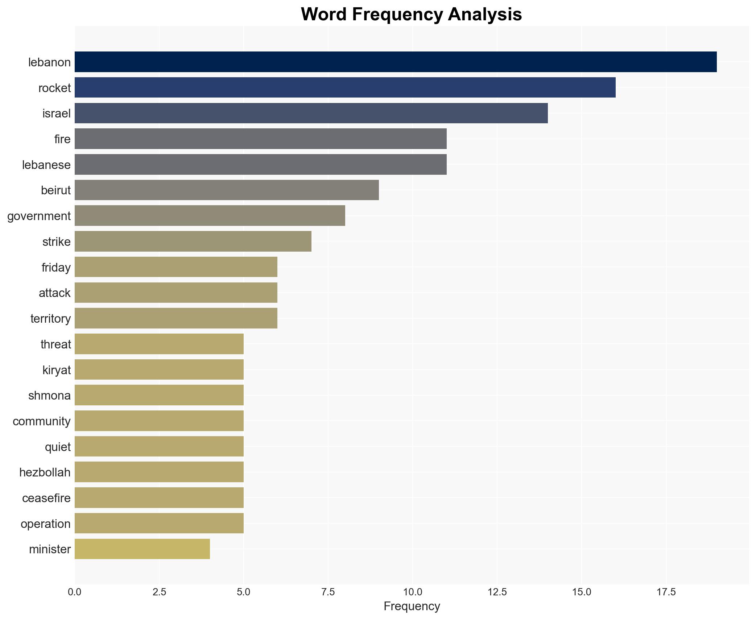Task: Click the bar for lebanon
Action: (395, 62)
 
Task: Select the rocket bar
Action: (345, 88)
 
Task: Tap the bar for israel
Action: (311, 113)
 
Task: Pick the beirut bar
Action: (227, 190)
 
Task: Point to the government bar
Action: (210, 216)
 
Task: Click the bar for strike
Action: (193, 241)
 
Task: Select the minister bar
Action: (142, 549)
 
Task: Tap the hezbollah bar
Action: (159, 472)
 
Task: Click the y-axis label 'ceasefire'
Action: (46, 498)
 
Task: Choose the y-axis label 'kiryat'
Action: (57, 370)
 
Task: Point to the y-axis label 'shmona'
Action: (49, 396)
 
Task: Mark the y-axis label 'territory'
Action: (50, 319)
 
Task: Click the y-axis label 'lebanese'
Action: (46, 165)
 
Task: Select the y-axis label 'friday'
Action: (56, 268)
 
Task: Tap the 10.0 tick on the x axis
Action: (412, 592)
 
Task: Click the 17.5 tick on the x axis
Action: (666, 592)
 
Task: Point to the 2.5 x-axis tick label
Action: (159, 592)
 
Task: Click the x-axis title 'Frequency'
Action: (412, 606)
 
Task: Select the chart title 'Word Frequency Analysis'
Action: (411, 15)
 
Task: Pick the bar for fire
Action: (260, 139)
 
